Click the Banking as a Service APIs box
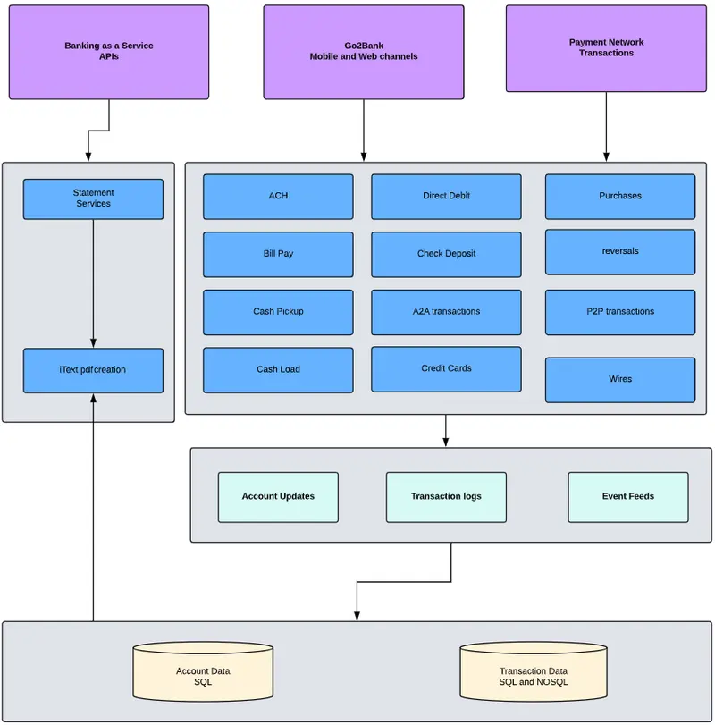(x=109, y=52)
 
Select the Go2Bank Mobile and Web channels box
(x=364, y=52)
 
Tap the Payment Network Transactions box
(x=606, y=48)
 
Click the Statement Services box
(x=93, y=198)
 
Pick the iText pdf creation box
(x=93, y=370)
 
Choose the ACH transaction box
(x=278, y=196)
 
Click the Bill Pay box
(x=278, y=254)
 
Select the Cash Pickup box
(x=278, y=312)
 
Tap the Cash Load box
(x=278, y=369)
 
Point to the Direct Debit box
(x=446, y=196)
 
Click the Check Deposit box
(x=446, y=254)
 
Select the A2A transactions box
(x=446, y=312)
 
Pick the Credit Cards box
(x=446, y=368)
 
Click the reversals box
(x=620, y=252)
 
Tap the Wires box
(x=620, y=379)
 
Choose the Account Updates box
(x=278, y=497)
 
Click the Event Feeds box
(x=628, y=497)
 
